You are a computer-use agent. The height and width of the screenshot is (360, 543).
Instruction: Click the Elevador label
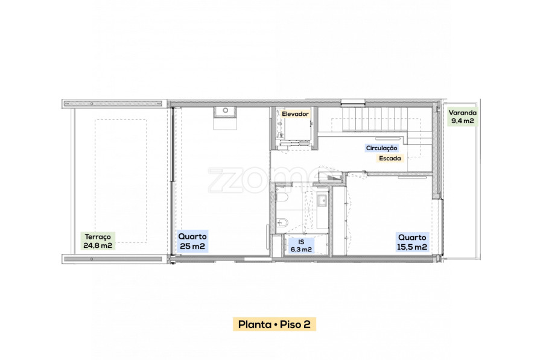click(295, 114)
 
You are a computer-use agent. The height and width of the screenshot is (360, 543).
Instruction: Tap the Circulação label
click(382, 148)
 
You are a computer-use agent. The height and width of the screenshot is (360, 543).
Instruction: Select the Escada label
click(390, 158)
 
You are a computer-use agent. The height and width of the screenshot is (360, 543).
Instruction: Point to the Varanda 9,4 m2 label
click(463, 116)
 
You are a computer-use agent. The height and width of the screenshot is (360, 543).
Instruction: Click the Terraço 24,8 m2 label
click(98, 241)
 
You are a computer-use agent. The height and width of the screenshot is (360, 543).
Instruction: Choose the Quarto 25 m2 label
click(192, 241)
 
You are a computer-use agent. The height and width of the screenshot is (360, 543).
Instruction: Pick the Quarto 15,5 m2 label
click(412, 242)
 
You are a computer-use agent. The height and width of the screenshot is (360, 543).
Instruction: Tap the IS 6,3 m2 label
click(301, 246)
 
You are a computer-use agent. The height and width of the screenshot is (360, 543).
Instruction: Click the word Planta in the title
click(255, 324)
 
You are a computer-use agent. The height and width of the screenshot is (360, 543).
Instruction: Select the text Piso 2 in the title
click(295, 324)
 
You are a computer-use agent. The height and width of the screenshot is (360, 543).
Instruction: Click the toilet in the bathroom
click(282, 198)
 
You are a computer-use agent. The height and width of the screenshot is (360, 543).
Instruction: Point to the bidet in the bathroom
click(282, 223)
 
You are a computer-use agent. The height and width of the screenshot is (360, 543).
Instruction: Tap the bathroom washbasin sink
click(322, 200)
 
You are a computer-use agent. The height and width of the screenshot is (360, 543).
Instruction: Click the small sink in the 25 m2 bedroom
click(225, 112)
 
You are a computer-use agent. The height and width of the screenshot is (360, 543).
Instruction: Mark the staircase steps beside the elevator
click(375, 119)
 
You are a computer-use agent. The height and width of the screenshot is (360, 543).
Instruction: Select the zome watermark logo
click(267, 180)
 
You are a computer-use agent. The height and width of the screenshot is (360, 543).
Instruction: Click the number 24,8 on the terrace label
click(91, 245)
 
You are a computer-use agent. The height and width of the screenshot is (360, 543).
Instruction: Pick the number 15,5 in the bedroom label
click(404, 247)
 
